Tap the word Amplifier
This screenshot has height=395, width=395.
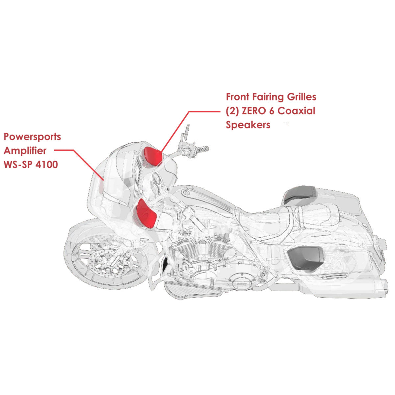pos(25,151)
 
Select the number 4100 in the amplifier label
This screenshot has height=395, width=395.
pos(47,164)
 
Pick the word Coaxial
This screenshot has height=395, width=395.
pos(296,111)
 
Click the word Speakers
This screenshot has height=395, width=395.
pos(248,125)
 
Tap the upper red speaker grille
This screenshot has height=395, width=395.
pos(153,157)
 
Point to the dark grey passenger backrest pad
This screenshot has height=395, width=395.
pos(299,194)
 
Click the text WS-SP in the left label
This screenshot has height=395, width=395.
pos(18,164)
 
